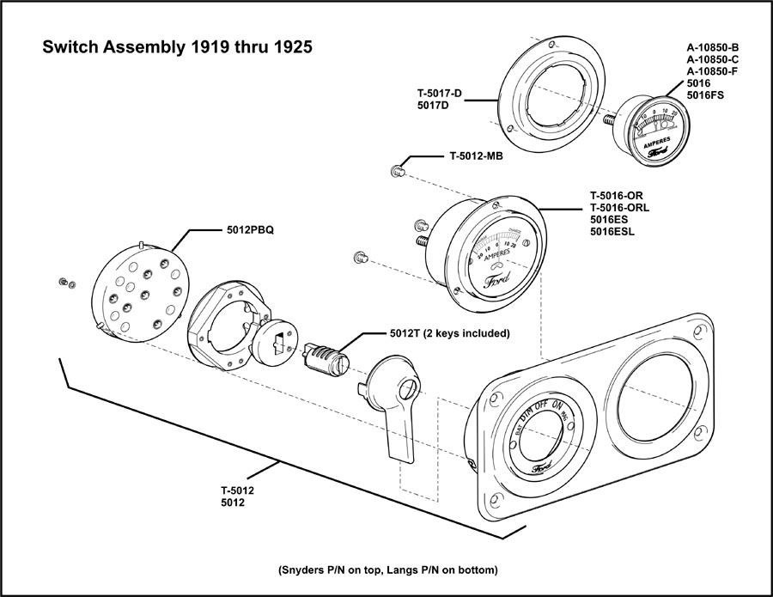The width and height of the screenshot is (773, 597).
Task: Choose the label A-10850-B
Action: click(x=714, y=47)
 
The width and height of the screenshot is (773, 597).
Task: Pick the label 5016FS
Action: click(x=705, y=95)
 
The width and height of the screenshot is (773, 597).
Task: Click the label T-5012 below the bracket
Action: click(x=236, y=490)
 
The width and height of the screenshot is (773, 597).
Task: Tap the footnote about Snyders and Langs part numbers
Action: click(x=387, y=570)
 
